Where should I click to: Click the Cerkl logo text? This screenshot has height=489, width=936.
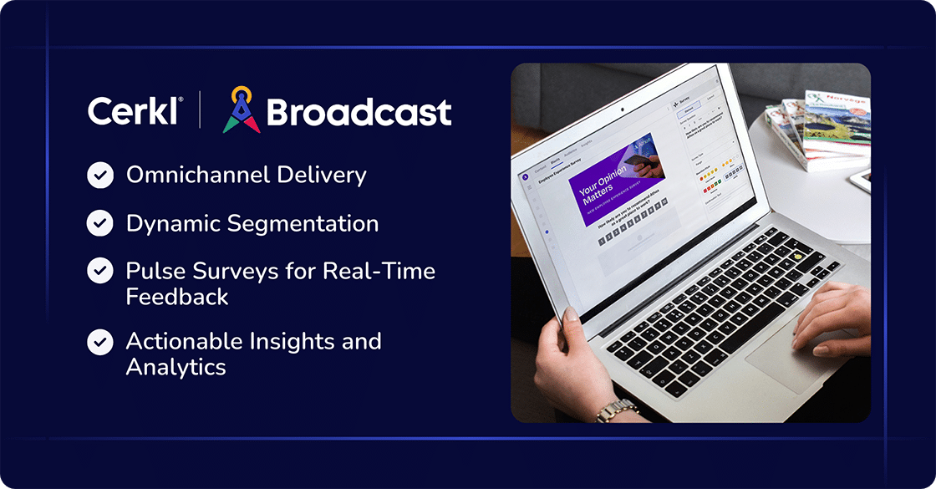(133, 111)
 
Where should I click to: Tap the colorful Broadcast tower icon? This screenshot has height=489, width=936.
(241, 110)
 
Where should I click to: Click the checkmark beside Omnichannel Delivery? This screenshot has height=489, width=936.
(100, 176)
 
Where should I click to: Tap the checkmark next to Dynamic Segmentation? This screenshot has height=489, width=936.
(100, 224)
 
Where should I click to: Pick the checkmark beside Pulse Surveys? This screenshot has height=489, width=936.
(100, 272)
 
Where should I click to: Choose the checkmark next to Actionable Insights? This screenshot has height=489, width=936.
(100, 342)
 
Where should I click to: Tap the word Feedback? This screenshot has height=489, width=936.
(177, 297)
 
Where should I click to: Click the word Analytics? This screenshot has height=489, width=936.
(175, 367)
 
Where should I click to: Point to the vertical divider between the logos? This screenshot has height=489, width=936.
(200, 110)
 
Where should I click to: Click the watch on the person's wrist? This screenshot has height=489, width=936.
(616, 410)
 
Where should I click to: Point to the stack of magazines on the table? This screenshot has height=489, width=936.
(819, 125)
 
